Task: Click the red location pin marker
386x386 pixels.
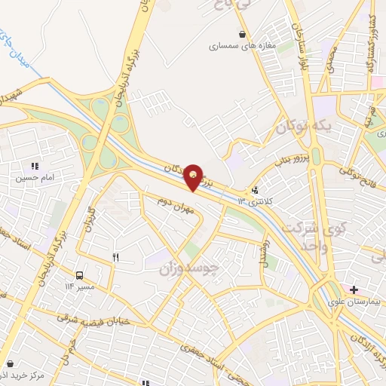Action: pyautogui.click(x=195, y=176)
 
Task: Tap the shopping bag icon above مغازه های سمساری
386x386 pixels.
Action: pyautogui.click(x=242, y=34)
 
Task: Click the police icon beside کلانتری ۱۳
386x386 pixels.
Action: pyautogui.click(x=255, y=191)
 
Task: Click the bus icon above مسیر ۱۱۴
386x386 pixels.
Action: pyautogui.click(x=80, y=275)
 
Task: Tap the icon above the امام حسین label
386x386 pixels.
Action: pyautogui.click(x=34, y=166)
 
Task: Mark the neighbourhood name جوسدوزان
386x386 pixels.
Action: pyautogui.click(x=190, y=268)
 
